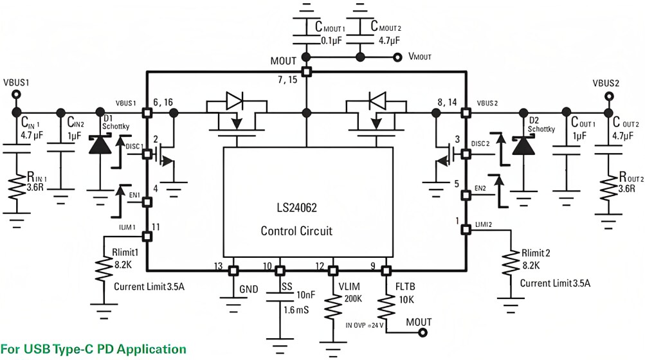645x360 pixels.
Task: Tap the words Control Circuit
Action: tap(296, 231)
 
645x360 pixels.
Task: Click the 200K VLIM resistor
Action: tap(333, 307)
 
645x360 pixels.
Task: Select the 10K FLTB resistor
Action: tap(386, 305)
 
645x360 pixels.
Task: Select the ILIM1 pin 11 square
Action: tap(147, 236)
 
